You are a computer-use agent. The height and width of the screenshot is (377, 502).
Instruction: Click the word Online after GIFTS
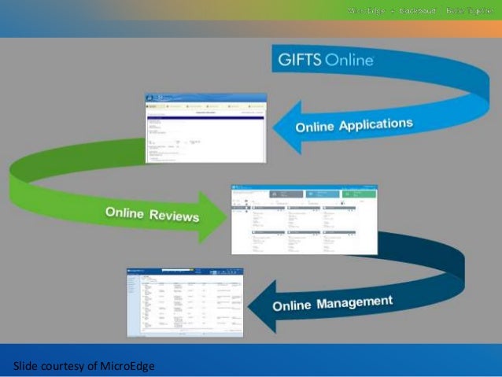(x=347, y=60)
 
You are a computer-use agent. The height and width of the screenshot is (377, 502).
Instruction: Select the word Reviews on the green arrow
(x=173, y=216)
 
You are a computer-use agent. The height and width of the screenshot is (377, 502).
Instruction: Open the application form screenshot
(x=206, y=128)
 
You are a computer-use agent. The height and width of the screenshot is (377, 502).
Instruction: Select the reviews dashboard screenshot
(x=304, y=220)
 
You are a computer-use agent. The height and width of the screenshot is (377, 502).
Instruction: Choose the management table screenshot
(x=186, y=302)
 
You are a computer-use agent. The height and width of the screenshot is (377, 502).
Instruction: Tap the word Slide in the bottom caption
(x=25, y=365)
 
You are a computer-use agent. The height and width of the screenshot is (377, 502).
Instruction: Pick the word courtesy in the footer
(x=63, y=365)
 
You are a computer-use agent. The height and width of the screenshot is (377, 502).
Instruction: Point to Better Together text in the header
(x=467, y=11)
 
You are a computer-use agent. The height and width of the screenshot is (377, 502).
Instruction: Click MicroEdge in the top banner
(x=365, y=11)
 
